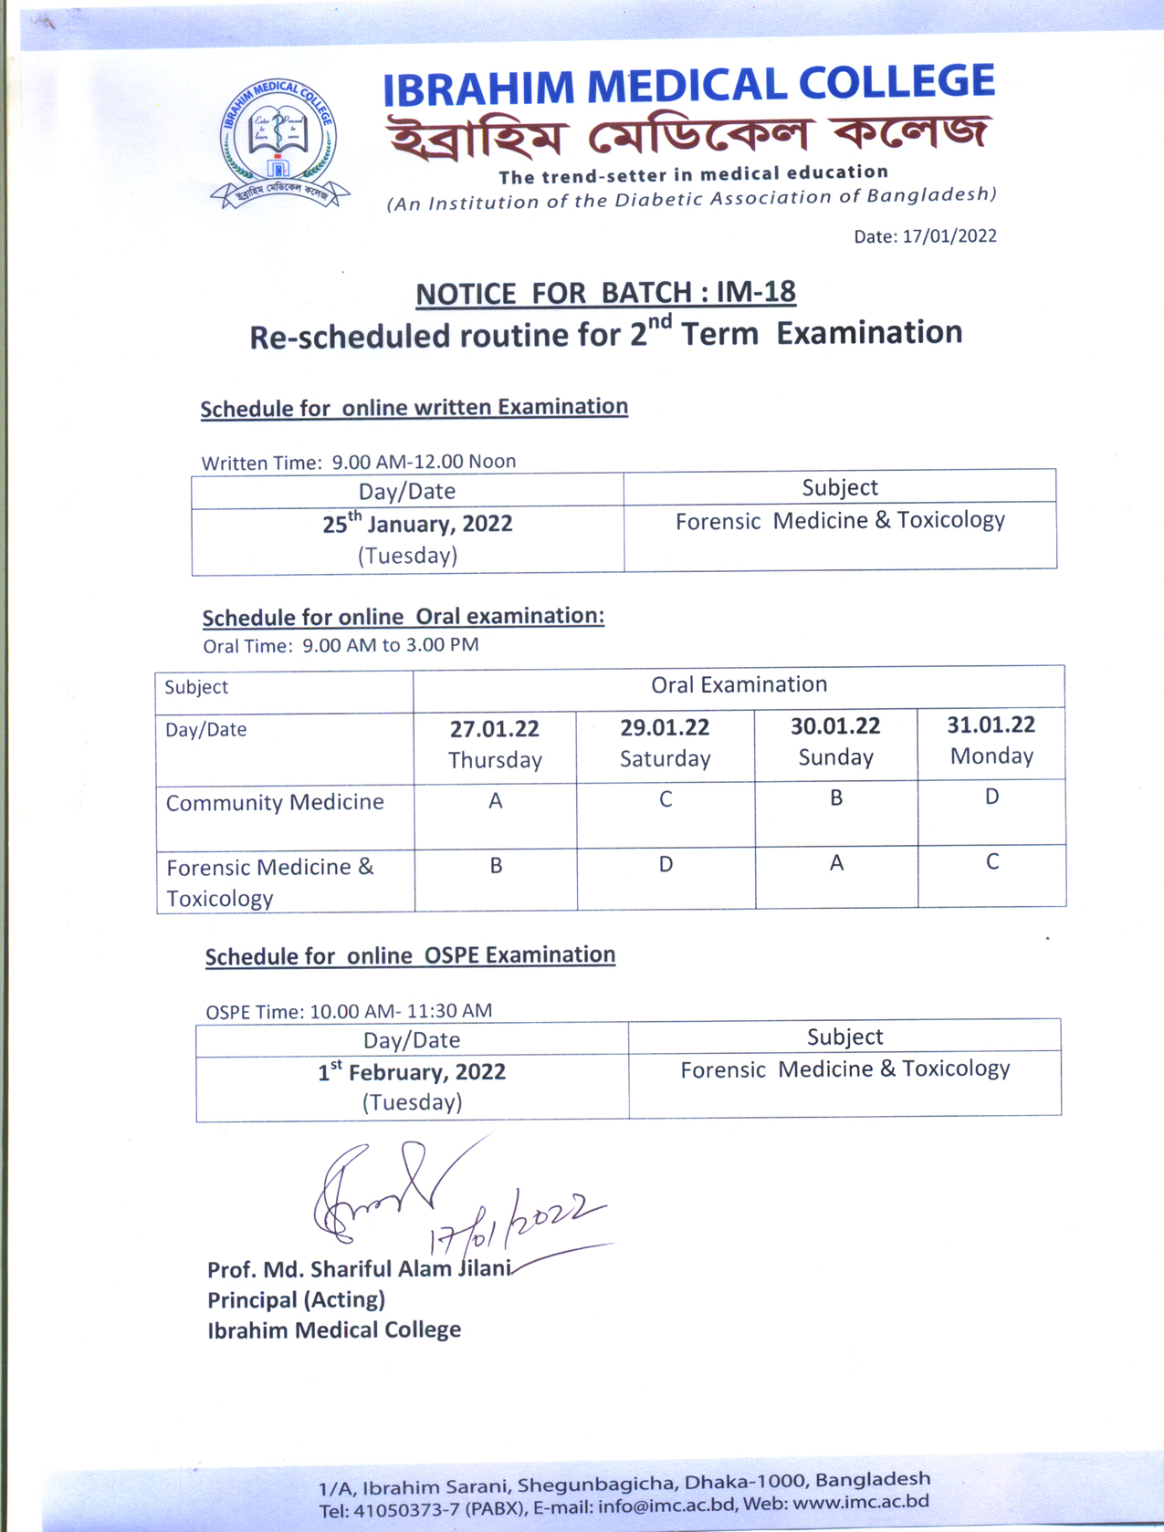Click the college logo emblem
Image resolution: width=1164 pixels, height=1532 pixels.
[x=278, y=142]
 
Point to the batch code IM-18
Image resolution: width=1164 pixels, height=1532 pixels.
[x=756, y=292]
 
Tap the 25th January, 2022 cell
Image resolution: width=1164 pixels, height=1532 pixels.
[x=407, y=539]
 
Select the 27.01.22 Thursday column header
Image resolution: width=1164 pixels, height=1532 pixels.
[x=495, y=744]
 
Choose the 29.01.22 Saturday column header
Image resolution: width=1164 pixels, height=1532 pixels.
[x=665, y=743]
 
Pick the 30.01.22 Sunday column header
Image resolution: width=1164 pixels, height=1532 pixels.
[x=835, y=741]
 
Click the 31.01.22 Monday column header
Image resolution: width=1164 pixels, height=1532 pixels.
[x=991, y=739]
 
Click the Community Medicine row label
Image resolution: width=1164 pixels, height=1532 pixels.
[x=275, y=803]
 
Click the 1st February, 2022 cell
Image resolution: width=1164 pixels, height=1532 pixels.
[x=412, y=1086]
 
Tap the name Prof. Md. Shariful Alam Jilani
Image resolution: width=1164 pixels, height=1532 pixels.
[x=359, y=1269]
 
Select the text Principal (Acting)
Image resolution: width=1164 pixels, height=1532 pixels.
[x=296, y=1299]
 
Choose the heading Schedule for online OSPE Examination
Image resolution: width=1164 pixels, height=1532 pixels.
[x=410, y=956]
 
